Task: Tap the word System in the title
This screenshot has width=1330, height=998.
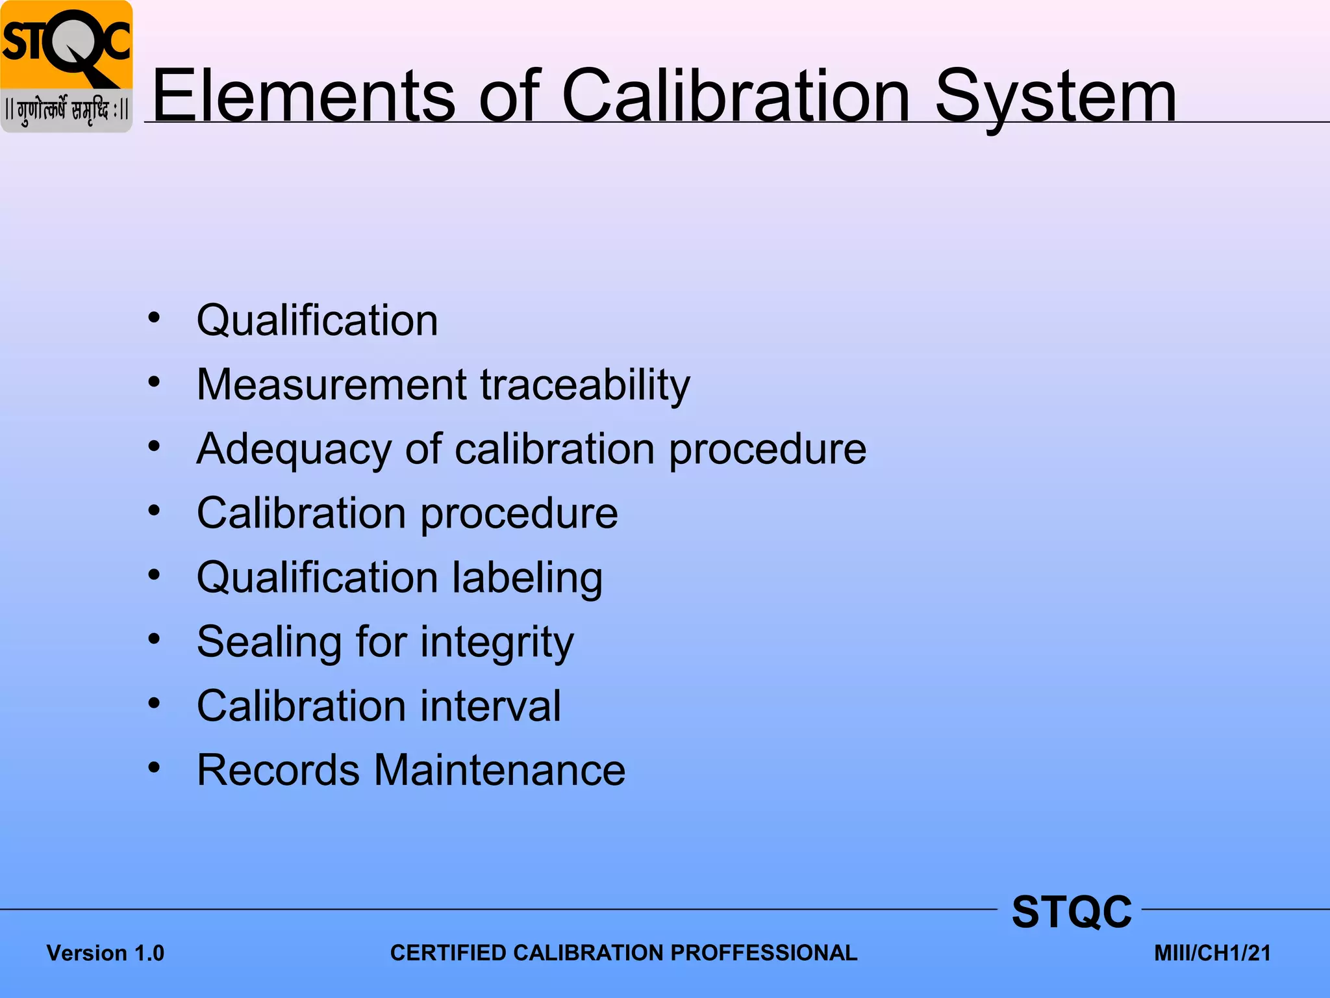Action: (1055, 97)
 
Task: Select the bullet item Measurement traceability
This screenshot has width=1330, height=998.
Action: (443, 385)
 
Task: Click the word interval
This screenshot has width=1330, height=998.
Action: (490, 706)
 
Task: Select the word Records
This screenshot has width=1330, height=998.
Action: (278, 770)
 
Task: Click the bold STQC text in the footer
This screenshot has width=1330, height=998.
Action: (1072, 912)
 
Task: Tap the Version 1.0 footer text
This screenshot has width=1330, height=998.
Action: (105, 953)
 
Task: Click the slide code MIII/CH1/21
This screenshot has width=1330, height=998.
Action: (1212, 953)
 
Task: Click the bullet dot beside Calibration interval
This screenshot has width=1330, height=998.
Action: (154, 703)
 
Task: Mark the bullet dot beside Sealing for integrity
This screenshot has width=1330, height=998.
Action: (154, 639)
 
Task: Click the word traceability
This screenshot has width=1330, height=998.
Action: (585, 385)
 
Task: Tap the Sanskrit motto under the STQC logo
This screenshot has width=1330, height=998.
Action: (66, 110)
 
